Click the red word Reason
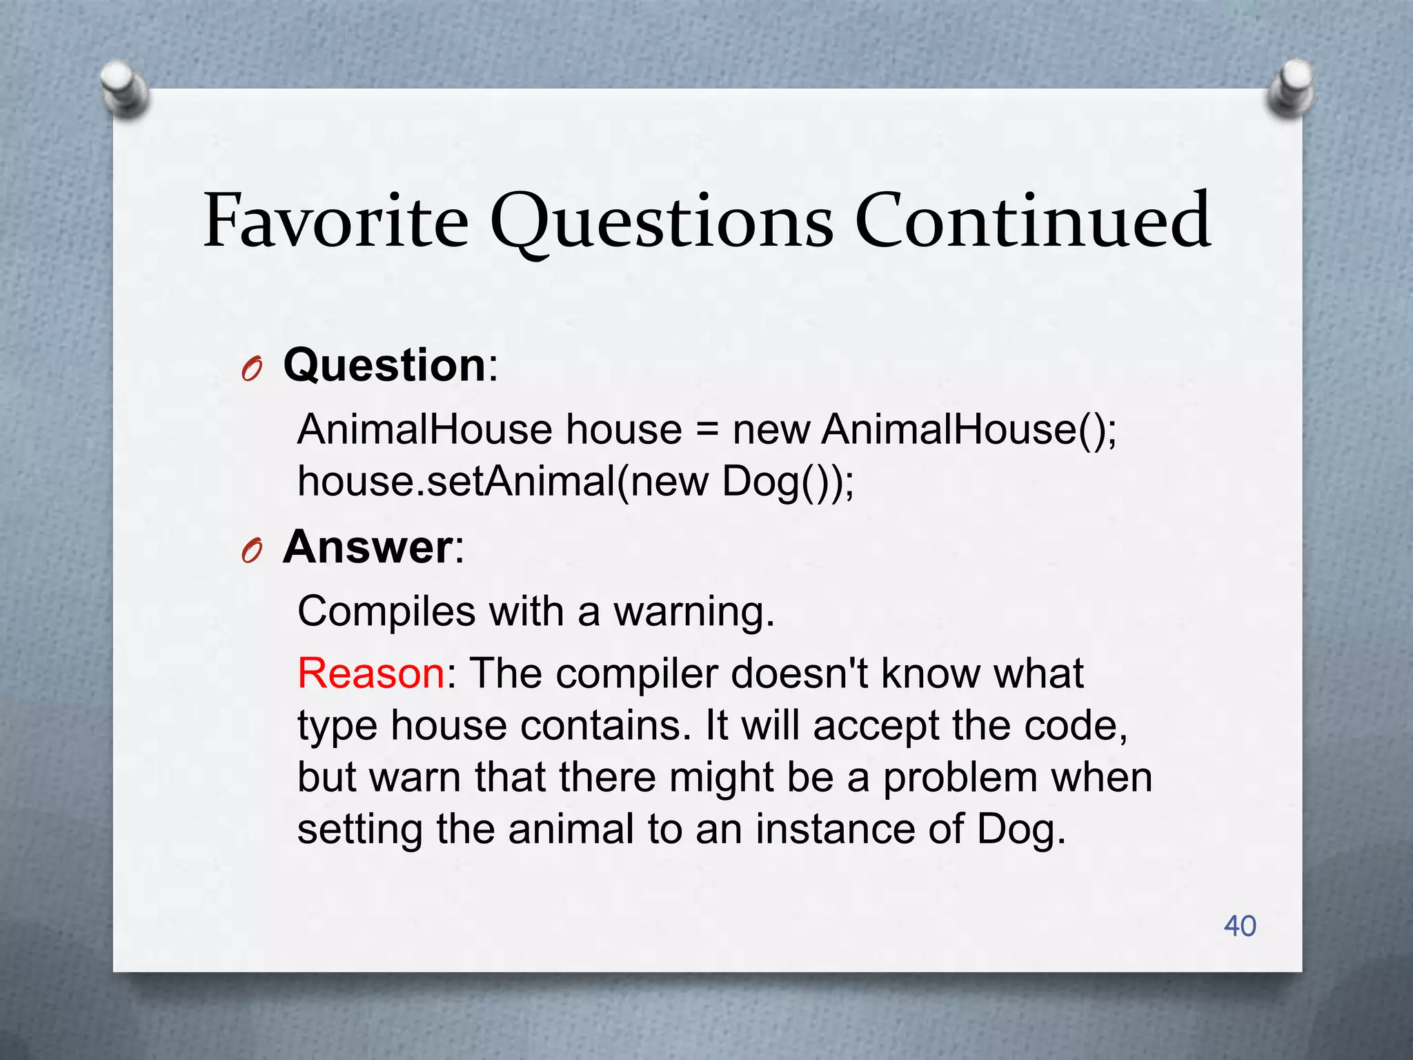coord(371,673)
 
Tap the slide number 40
coord(1239,925)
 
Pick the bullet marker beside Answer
coord(252,551)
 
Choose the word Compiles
coord(386,611)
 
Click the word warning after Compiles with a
coord(693,611)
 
